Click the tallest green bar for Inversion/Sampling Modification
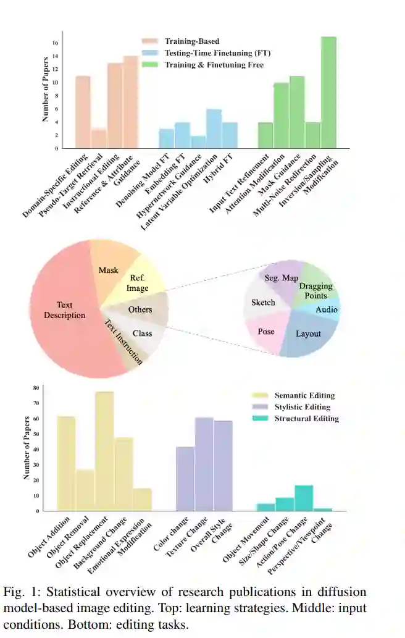[328, 93]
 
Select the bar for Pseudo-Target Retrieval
[99, 139]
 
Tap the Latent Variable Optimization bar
[214, 128]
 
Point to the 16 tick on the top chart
[55, 43]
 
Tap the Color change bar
[185, 479]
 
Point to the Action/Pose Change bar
[304, 498]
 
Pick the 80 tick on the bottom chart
[36, 388]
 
